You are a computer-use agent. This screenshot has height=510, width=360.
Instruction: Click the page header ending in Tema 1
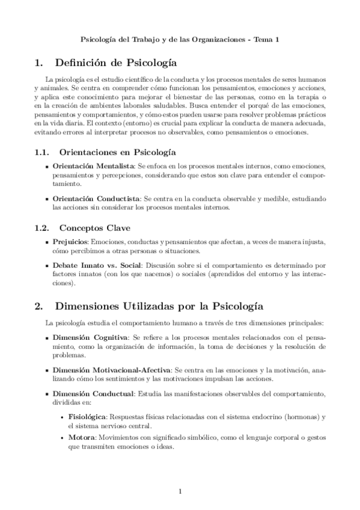pos(180,39)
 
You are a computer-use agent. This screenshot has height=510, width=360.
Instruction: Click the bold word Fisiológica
pos(88,416)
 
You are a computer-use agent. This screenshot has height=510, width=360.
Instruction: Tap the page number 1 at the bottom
pos(180,492)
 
